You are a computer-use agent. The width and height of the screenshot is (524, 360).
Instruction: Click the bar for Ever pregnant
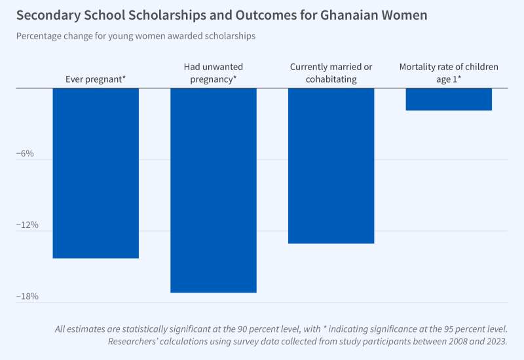pyautogui.click(x=96, y=173)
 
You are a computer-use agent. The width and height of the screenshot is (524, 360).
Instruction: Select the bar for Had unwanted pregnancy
pyautogui.click(x=214, y=190)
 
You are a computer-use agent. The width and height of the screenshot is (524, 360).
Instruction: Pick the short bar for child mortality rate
pyautogui.click(x=449, y=99)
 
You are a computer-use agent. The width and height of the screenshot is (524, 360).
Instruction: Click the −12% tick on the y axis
pyautogui.click(x=26, y=225)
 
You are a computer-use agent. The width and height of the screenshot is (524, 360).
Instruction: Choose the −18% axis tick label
pyautogui.click(x=26, y=297)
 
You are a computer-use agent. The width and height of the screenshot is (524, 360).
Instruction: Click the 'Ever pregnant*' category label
pyautogui.click(x=96, y=79)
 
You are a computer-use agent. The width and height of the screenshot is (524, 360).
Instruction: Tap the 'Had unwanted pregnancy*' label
pyautogui.click(x=214, y=73)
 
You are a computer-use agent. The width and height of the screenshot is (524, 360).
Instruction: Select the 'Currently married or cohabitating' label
pyautogui.click(x=331, y=73)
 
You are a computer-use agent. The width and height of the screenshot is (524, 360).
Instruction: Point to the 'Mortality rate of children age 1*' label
pyautogui.click(x=449, y=73)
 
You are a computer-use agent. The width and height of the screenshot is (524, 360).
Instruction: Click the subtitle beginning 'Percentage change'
pyautogui.click(x=136, y=36)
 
